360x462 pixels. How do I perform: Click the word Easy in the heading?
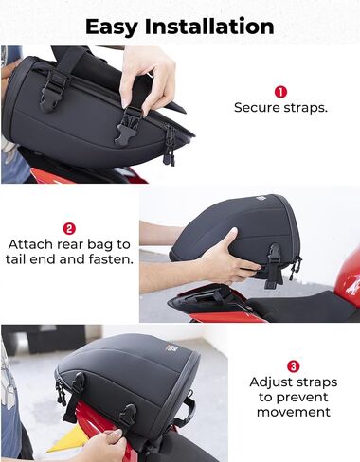(111, 27)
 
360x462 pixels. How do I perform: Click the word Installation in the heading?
(209, 27)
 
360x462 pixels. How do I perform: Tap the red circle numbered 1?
(280, 92)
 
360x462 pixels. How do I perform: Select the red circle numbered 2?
(69, 228)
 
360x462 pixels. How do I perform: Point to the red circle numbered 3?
(294, 366)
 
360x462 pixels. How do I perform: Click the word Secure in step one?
(257, 107)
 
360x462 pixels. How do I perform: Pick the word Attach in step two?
(30, 244)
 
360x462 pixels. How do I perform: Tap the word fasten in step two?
(111, 259)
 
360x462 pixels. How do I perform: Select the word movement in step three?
(294, 412)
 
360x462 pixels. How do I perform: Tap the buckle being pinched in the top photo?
(128, 126)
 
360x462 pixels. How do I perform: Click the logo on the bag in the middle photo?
(261, 199)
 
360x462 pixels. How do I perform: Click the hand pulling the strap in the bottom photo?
(104, 445)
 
